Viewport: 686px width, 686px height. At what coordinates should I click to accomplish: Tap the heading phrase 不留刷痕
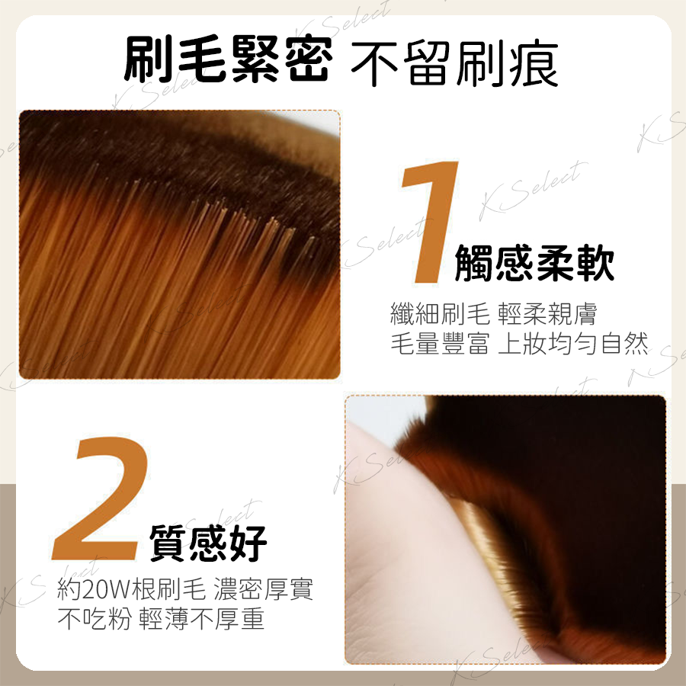(x=454, y=63)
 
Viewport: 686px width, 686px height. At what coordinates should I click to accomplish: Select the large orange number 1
(x=431, y=222)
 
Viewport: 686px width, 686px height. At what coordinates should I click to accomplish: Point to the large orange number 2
(x=100, y=498)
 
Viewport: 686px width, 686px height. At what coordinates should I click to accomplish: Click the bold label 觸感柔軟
(x=534, y=262)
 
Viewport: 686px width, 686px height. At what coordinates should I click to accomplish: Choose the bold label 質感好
(x=208, y=543)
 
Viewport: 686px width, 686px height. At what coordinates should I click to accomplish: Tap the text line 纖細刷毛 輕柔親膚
(x=493, y=314)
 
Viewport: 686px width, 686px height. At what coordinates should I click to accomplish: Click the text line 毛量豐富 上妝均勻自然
(x=519, y=343)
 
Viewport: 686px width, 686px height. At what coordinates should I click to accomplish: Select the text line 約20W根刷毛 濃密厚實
(x=185, y=589)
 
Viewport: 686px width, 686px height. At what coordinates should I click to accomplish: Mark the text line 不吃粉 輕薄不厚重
(x=161, y=618)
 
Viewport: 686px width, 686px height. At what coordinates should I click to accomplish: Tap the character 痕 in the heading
(x=534, y=63)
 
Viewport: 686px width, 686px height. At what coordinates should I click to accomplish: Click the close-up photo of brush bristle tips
(x=179, y=244)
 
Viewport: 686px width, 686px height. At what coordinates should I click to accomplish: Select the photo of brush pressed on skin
(x=505, y=530)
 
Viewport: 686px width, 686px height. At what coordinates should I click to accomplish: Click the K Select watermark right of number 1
(x=533, y=191)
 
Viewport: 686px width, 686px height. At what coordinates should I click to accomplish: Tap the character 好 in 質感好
(x=248, y=543)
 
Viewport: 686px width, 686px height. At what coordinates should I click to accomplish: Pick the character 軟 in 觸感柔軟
(x=595, y=262)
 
